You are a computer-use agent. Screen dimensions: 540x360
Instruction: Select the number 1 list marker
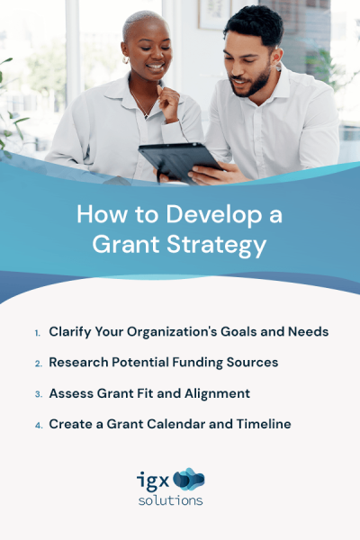tap(38, 333)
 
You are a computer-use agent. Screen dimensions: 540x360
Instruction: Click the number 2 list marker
tap(38, 364)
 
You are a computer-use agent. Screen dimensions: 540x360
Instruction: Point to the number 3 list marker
tap(38, 394)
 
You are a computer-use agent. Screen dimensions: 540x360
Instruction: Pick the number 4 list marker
tap(38, 425)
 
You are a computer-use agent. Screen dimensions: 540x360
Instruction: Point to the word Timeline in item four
tap(262, 424)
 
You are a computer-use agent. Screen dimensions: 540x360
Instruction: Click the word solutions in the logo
tap(171, 500)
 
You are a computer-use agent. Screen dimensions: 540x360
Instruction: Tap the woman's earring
tap(127, 62)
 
